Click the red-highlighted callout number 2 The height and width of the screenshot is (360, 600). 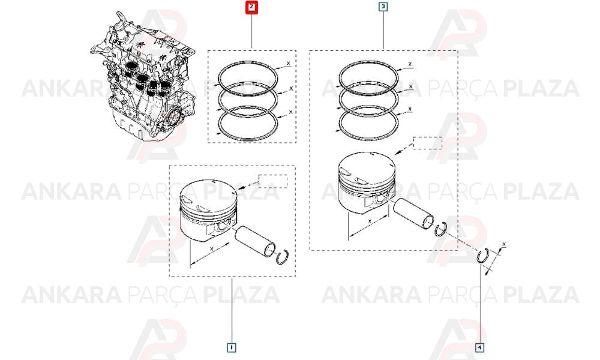click(x=251, y=7)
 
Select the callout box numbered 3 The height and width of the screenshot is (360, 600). click(x=383, y=7)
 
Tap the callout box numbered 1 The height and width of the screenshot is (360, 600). click(x=232, y=347)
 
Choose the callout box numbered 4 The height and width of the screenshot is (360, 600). click(x=480, y=347)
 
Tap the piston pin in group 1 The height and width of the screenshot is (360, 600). click(x=255, y=242)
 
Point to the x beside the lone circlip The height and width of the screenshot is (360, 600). click(x=504, y=244)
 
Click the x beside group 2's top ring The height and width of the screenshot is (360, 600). click(x=289, y=63)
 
